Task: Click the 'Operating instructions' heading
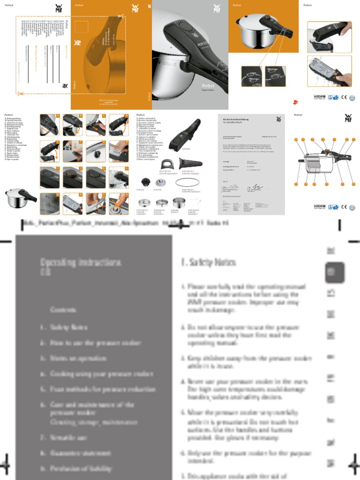80,266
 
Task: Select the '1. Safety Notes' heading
209,262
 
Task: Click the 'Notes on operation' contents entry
78,358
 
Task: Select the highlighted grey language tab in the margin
334,272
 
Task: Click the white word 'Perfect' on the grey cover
208,86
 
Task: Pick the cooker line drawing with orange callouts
324,161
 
